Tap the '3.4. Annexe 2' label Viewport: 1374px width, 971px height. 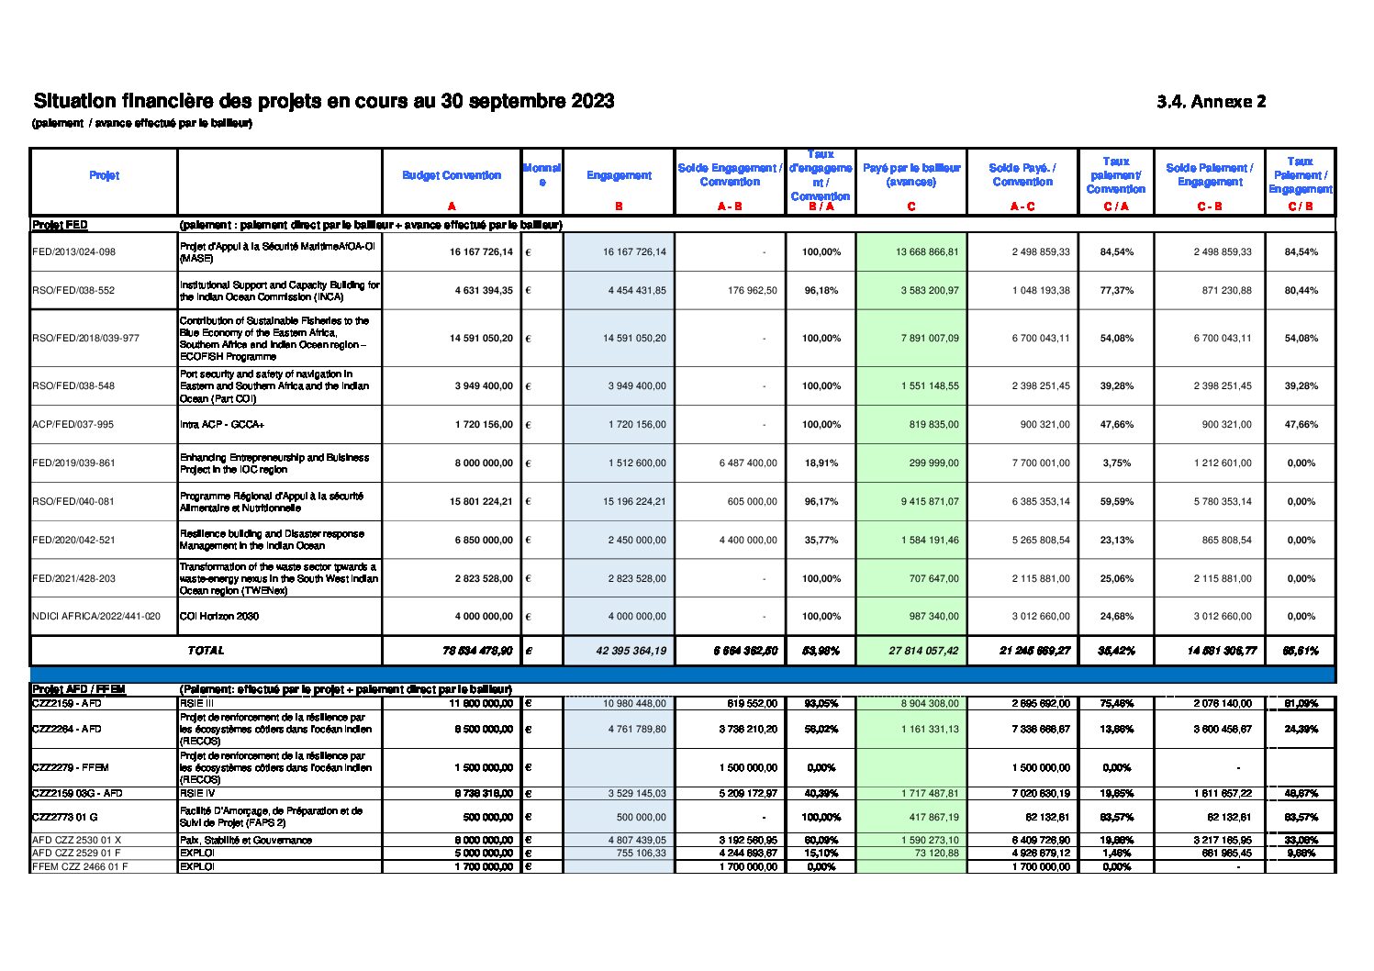(1211, 102)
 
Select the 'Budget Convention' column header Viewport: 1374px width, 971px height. (452, 175)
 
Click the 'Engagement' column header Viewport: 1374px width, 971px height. (619, 175)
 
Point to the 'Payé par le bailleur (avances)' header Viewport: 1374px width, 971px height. (910, 174)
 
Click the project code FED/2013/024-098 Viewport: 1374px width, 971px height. (74, 251)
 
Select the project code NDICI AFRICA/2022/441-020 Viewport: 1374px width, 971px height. (96, 616)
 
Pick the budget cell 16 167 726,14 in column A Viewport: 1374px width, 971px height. (481, 251)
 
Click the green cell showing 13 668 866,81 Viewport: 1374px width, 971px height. (927, 251)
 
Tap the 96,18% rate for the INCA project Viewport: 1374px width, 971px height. (821, 290)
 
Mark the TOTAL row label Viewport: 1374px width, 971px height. (206, 650)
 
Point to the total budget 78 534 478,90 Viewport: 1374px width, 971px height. (477, 651)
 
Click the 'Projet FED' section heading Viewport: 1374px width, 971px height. (60, 225)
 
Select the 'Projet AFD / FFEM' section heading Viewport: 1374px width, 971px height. (78, 689)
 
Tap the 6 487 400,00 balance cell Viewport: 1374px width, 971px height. (747, 463)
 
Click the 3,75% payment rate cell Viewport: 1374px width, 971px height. (1115, 463)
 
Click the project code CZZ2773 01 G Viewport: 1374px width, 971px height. (64, 816)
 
